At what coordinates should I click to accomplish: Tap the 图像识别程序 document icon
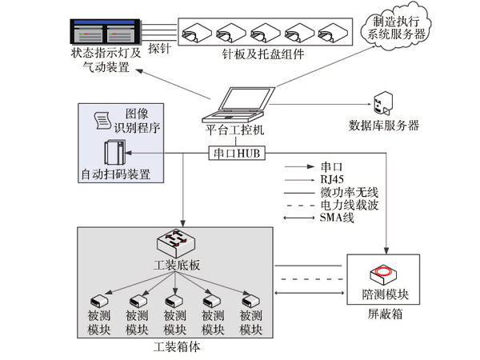click(x=102, y=121)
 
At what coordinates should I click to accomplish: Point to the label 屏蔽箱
click(x=386, y=315)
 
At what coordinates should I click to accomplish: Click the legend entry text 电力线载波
click(x=346, y=207)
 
